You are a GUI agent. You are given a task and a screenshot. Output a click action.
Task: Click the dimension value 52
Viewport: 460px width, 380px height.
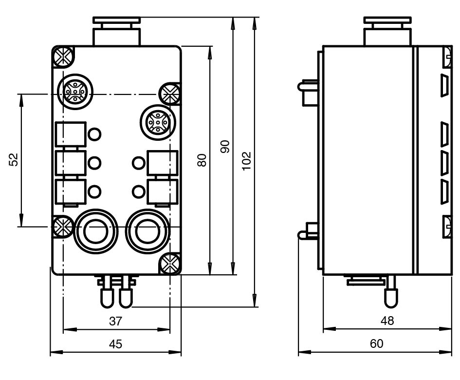coord(14,159)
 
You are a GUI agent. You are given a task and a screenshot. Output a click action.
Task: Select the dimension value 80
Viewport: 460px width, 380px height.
coord(202,160)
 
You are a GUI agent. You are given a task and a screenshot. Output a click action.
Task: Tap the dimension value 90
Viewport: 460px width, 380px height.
coord(225,147)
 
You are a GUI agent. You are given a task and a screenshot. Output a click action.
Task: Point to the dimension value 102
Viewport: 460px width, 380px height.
coord(246,160)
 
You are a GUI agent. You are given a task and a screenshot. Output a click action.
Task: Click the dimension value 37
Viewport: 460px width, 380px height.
coord(115,321)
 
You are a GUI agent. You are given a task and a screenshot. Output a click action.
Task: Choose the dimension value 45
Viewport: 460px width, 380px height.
coord(115,344)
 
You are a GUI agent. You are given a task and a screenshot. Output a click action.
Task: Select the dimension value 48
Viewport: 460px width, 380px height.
coord(388,321)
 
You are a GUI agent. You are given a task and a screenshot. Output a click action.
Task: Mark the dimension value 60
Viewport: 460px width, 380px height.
coord(376,344)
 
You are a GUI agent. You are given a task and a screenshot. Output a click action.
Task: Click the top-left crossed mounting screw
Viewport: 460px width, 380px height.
coord(63,57)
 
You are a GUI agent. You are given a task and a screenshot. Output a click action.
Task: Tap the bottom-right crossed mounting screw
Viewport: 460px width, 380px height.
coord(170,265)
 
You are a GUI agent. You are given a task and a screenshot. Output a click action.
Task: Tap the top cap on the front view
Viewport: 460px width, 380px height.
coord(117,21)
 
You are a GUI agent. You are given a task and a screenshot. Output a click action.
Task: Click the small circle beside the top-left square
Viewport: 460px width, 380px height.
coord(95,133)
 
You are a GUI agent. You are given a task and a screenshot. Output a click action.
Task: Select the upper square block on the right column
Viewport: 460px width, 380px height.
coord(163,163)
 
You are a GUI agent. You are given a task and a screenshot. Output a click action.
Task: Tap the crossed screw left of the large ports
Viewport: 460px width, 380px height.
coord(62,226)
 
